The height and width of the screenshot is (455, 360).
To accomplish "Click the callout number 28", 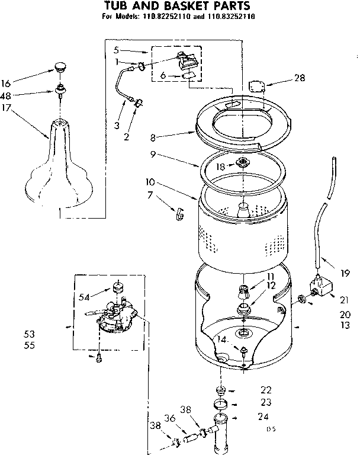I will [300, 78].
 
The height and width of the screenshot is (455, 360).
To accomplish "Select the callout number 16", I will [22, 83].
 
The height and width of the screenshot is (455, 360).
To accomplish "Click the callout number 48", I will [22, 95].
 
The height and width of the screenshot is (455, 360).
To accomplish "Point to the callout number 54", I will [85, 296].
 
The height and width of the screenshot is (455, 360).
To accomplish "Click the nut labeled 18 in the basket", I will [242, 163].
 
